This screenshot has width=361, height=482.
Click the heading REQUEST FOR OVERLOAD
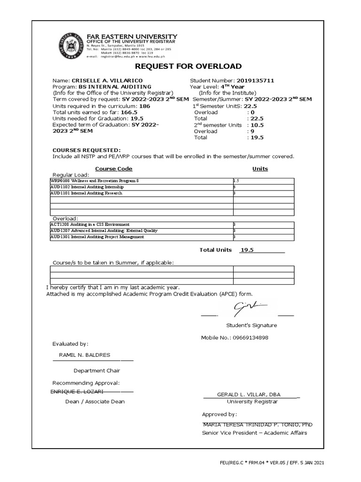[188, 66]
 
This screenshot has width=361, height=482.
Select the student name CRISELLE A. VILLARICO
[107, 81]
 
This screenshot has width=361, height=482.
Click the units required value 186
[145, 107]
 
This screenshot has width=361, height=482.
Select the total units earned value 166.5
[129, 113]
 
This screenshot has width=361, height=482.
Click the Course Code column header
[114, 169]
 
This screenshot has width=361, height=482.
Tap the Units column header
[260, 169]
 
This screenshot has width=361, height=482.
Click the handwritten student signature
[249, 309]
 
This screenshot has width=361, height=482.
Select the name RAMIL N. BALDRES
[85, 355]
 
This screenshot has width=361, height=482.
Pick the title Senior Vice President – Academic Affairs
[254, 433]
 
